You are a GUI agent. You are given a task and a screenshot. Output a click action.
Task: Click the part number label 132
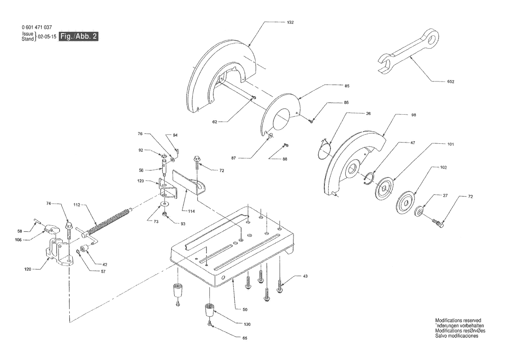(x=290, y=22)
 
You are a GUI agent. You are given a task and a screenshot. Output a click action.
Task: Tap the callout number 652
(x=451, y=82)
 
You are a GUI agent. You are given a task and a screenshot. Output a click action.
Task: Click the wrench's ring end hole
(x=431, y=40)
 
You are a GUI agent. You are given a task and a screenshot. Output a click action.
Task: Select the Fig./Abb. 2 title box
(x=79, y=36)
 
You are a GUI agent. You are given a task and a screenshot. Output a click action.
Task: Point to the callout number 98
(x=413, y=115)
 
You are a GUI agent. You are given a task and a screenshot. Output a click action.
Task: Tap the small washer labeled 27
(x=419, y=211)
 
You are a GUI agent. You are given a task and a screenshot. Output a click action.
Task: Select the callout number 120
(x=28, y=269)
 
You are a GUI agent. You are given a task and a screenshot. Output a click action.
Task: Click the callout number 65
(x=245, y=338)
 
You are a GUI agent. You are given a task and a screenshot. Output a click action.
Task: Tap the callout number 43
(x=305, y=276)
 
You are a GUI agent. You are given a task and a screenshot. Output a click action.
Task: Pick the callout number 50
(x=245, y=309)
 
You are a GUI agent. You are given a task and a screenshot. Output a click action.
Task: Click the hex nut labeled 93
(x=165, y=214)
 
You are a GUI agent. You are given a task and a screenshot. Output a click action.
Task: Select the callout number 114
(x=191, y=211)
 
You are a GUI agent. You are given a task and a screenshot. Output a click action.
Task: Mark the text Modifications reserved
(x=458, y=320)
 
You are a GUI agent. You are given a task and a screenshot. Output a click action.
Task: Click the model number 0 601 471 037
(x=37, y=27)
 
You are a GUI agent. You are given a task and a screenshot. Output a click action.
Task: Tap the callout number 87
(x=233, y=158)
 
